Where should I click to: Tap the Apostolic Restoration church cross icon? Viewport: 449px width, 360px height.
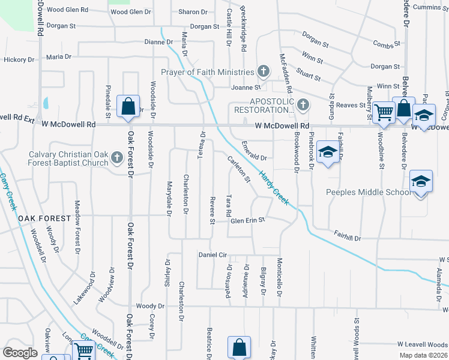303,105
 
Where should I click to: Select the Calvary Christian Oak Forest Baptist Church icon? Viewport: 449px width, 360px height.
117,158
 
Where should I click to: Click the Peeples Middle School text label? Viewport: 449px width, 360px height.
369,192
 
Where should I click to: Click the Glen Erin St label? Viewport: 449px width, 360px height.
248,220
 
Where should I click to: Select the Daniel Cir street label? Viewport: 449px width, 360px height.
213,255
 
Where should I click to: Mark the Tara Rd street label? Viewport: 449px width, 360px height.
229,205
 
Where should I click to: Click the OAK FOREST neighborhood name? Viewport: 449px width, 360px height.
40,218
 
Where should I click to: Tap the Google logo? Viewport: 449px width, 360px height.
20,353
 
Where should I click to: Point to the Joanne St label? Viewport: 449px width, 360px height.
245,87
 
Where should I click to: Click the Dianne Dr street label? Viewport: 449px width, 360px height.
158,42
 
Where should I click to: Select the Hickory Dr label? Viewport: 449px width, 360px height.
19,59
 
